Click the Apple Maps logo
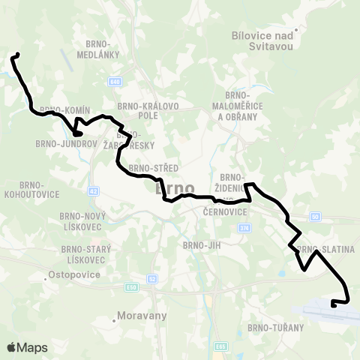[27, 347]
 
